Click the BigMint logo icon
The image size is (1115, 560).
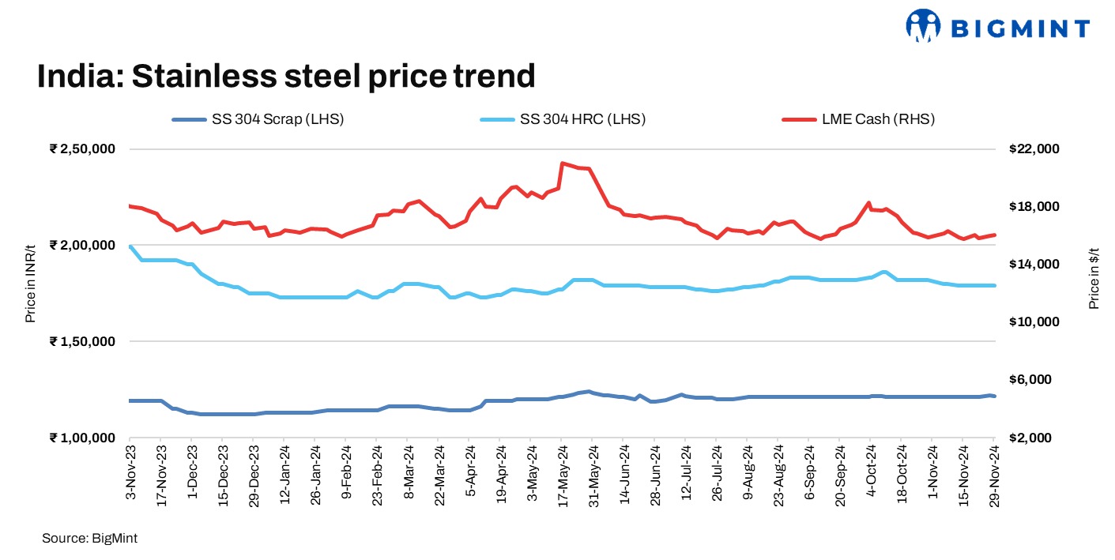pyautogui.click(x=924, y=26)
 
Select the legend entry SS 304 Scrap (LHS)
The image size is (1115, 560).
pyautogui.click(x=277, y=119)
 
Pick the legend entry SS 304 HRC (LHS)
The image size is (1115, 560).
pyautogui.click(x=582, y=119)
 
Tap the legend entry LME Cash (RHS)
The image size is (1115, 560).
pyautogui.click(x=877, y=119)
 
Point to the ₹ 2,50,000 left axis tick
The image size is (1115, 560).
pyautogui.click(x=82, y=149)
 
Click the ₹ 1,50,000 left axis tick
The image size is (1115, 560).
pyautogui.click(x=82, y=341)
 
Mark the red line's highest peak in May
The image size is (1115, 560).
pyautogui.click(x=562, y=163)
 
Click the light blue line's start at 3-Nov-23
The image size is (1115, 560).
pyautogui.click(x=130, y=246)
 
